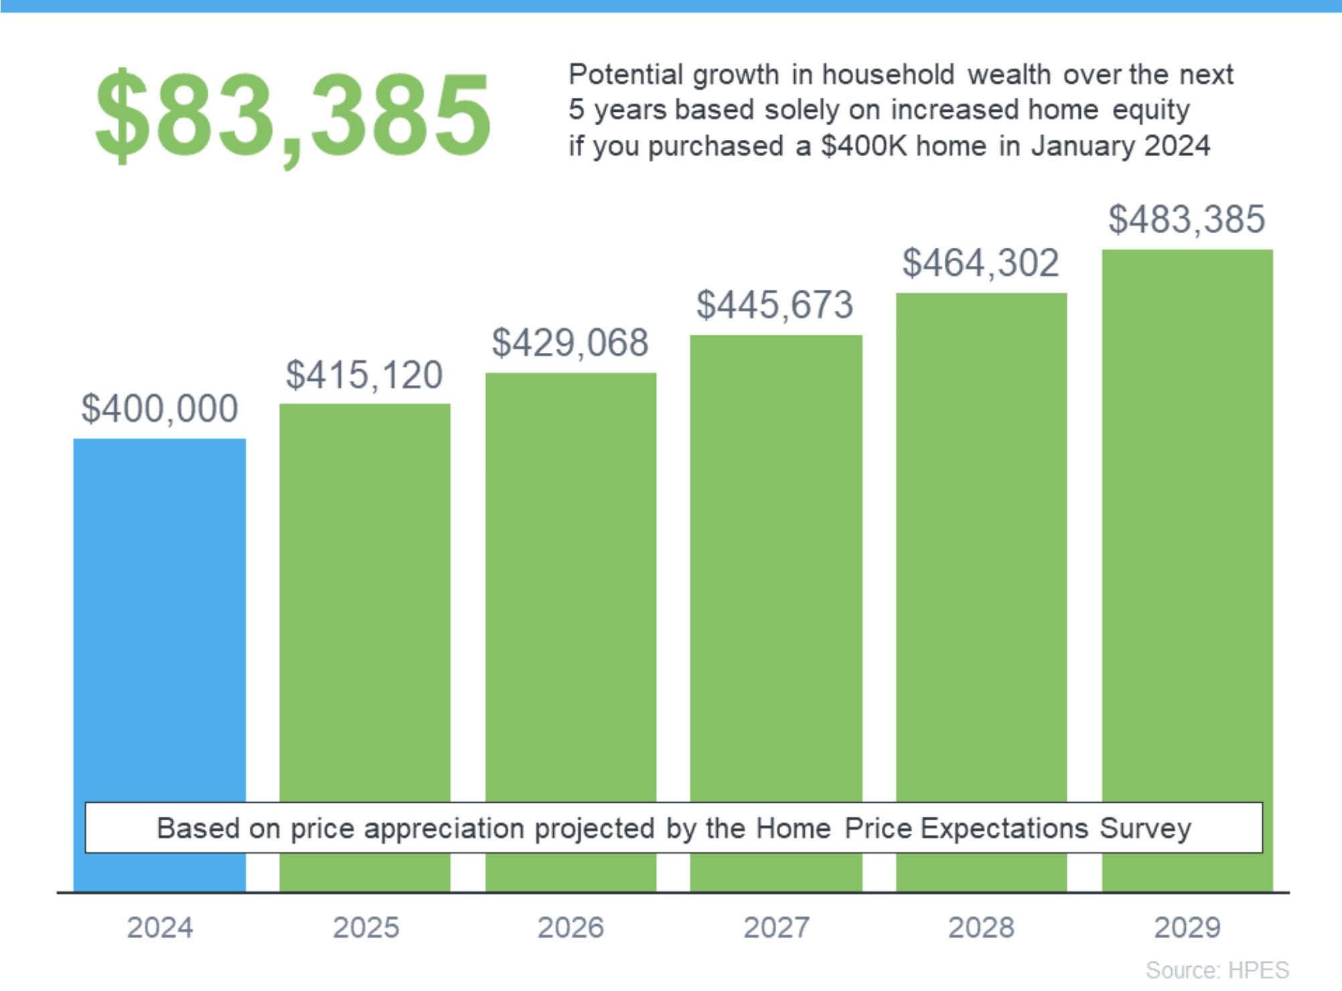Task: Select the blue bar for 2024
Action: click(x=159, y=616)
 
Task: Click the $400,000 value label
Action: click(x=159, y=408)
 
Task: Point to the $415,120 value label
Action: click(x=364, y=375)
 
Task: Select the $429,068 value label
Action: click(x=571, y=343)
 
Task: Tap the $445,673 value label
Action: click(x=775, y=305)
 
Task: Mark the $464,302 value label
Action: click(x=981, y=262)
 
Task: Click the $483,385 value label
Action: click(x=1187, y=219)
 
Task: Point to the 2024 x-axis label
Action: click(x=160, y=928)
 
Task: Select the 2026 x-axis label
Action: click(x=571, y=928)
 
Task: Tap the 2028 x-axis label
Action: click(x=982, y=928)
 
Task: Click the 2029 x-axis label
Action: click(x=1187, y=928)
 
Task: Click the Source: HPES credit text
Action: click(x=1217, y=970)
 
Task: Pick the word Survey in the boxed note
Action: click(x=1146, y=829)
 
